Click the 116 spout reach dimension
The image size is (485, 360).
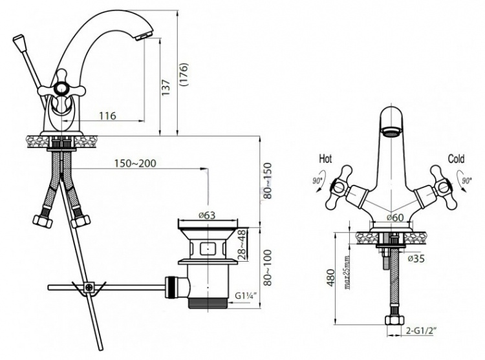[107, 116]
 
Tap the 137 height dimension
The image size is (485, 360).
[166, 87]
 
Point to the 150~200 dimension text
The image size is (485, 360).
[135, 163]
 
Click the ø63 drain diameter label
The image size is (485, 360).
[207, 215]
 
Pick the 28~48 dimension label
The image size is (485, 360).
[243, 244]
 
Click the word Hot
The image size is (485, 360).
[325, 159]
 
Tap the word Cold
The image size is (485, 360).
[457, 159]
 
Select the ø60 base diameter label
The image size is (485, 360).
[395, 218]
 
